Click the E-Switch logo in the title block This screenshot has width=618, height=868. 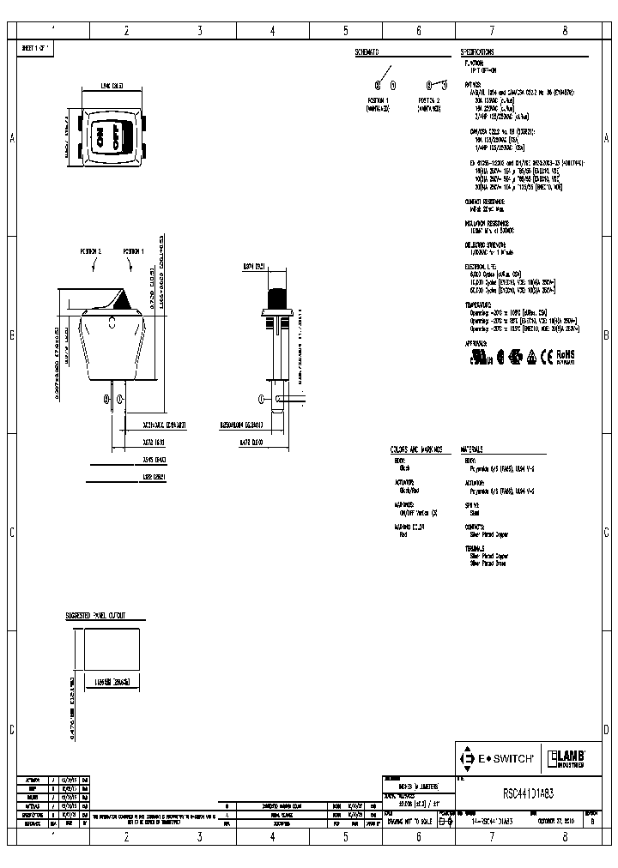click(x=498, y=758)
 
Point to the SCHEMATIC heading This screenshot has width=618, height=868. click(x=367, y=52)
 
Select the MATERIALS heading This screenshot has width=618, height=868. click(x=472, y=449)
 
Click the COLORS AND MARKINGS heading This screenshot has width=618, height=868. click(x=415, y=449)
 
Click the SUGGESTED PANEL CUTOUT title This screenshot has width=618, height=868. click(x=96, y=616)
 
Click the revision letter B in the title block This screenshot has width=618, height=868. click(x=591, y=821)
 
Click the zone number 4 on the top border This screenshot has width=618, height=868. click(x=273, y=31)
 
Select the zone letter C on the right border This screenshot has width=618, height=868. click(x=606, y=532)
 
